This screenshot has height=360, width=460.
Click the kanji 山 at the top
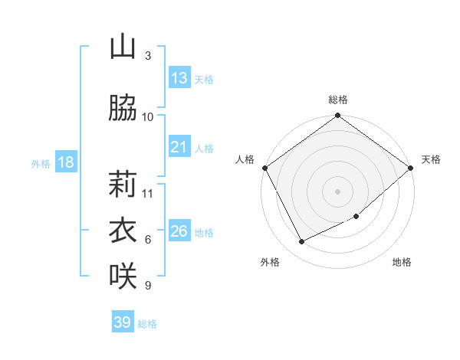[x=123, y=47]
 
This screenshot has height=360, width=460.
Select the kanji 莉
[x=123, y=185]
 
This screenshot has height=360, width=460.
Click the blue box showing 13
[x=179, y=78]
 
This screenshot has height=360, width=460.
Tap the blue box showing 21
[x=179, y=147]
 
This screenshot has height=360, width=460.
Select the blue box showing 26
[x=179, y=231]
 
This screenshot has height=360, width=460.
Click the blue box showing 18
[x=65, y=162]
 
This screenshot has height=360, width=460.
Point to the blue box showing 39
[x=123, y=322]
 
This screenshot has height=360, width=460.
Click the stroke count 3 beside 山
[x=148, y=56]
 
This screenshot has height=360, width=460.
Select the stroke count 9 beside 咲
[x=148, y=286]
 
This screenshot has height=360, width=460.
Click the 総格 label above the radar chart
[x=338, y=100]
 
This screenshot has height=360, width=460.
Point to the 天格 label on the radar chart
[x=431, y=159]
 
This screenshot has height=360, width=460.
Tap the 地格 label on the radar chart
[x=402, y=262]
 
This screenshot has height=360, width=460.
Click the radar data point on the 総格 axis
[x=338, y=116]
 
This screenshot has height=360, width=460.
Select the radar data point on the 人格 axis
[x=264, y=168]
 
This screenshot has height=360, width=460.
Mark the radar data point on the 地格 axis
[x=356, y=217]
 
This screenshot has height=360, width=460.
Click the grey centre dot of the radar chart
[x=338, y=191]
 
